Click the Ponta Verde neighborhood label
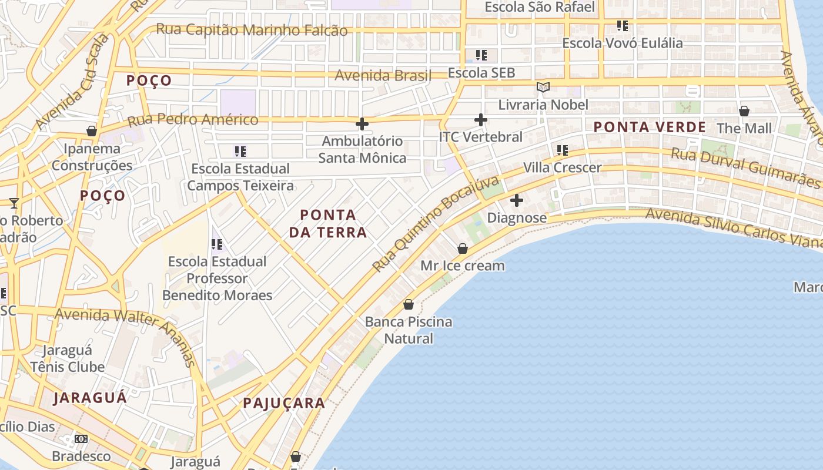click(x=649, y=127)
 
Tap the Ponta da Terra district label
click(x=327, y=223)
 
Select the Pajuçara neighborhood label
click(x=284, y=403)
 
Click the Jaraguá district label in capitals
click(x=90, y=398)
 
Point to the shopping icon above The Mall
click(x=744, y=111)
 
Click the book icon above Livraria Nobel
click(x=543, y=88)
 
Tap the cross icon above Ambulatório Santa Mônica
click(x=362, y=124)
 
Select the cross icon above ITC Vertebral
click(x=481, y=120)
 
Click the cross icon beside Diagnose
click(x=517, y=200)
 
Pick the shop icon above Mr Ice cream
click(x=463, y=249)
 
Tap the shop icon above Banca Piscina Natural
click(x=409, y=304)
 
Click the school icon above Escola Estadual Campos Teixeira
click(x=240, y=152)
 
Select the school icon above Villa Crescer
click(x=563, y=150)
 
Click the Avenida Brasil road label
click(x=383, y=75)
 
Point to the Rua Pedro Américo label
click(x=193, y=120)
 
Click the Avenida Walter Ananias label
click(x=126, y=335)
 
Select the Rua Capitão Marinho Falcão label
click(x=252, y=29)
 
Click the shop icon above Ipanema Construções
click(x=92, y=131)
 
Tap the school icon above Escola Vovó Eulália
click(x=623, y=26)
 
